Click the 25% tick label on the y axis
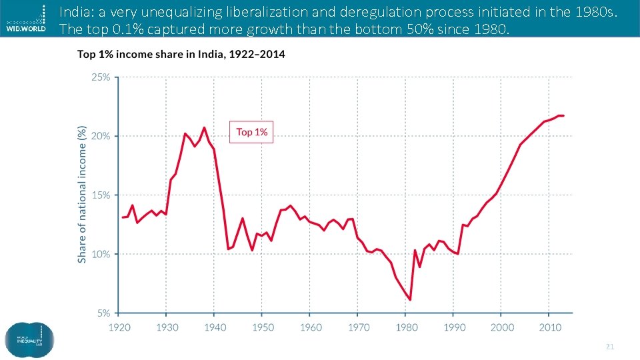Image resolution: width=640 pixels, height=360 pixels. coord(100,77)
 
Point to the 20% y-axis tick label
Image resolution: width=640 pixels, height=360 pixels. coord(100,136)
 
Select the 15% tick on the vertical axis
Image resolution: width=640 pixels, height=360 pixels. coord(100,195)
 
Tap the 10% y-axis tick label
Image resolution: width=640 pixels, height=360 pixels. coord(100,254)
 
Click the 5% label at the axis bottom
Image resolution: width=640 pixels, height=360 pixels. coord(103,313)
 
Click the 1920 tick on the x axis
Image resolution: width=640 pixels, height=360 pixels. coord(119,327)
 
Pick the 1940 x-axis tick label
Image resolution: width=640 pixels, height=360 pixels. coord(215,327)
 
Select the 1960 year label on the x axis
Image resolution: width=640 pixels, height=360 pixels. coord(311,327)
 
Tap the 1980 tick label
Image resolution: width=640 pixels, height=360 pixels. coord(407,327)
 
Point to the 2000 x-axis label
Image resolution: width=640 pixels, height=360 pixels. coord(503,327)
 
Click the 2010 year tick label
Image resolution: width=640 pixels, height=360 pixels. coord(550,327)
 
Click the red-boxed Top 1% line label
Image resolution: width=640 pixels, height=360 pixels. coord(251,132)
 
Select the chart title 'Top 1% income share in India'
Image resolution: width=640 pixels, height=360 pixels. coord(181,55)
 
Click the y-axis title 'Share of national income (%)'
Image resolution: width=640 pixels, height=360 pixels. coord(83,193)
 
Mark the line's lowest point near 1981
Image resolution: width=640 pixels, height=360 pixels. coord(410,300)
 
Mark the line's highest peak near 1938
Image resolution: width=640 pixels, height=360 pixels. coord(205,127)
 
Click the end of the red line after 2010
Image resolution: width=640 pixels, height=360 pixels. coord(563,116)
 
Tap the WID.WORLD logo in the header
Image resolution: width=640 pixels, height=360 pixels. coord(27,20)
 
